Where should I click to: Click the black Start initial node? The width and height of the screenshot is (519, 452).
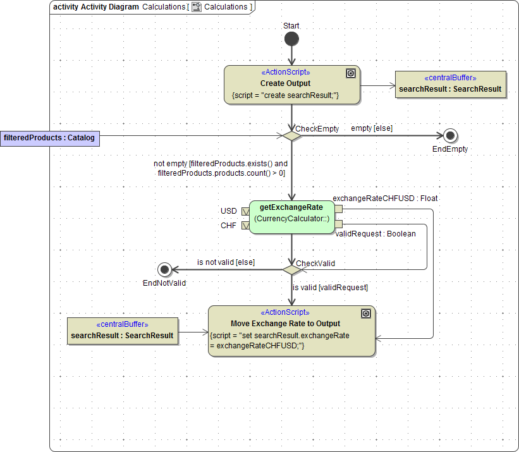[291, 39]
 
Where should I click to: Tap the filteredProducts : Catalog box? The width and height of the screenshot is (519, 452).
[50, 138]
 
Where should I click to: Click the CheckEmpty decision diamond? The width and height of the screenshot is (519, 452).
[291, 136]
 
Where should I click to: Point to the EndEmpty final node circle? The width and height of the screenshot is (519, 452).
[450, 136]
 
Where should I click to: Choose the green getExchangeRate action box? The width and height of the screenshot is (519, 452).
[291, 217]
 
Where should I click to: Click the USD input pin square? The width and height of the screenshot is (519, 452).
[245, 211]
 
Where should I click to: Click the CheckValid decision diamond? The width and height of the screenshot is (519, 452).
[291, 270]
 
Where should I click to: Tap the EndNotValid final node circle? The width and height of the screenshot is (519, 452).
[165, 270]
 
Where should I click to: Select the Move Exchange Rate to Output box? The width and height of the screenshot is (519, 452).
[291, 331]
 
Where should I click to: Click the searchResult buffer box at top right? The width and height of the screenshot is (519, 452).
[450, 85]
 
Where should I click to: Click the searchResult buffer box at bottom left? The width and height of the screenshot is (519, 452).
[122, 331]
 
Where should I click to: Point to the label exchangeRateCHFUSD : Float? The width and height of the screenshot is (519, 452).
[385, 198]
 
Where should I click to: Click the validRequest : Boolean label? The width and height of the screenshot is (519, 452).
[375, 234]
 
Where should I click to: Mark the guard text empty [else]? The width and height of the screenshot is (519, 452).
[372, 128]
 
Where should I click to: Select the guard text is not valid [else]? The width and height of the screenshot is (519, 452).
[226, 262]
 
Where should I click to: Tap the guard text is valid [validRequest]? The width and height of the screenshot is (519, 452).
[330, 288]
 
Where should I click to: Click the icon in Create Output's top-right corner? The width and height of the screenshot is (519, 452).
[351, 73]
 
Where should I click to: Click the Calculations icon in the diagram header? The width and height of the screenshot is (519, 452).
[197, 7]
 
